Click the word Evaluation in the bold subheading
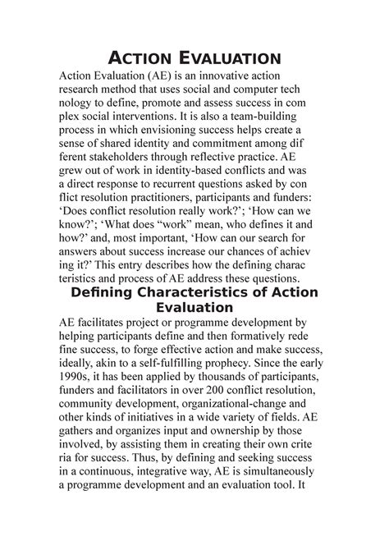194,309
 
